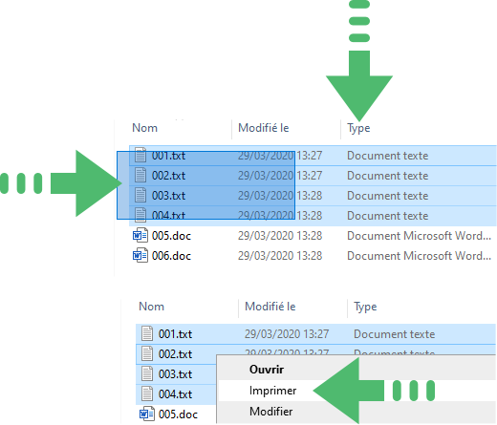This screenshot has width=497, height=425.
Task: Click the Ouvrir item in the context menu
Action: pos(267,370)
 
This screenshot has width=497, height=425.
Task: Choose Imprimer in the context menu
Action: pos(272,391)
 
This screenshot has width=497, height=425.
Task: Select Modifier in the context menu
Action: pos(271,412)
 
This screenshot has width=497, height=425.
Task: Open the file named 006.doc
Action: pos(171,256)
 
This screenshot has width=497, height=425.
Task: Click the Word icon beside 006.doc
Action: pos(140,255)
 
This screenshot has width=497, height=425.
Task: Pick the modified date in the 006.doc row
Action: pos(280,256)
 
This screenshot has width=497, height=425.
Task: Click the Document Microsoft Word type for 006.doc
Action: pos(419,256)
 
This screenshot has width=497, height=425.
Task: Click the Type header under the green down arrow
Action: pos(358,128)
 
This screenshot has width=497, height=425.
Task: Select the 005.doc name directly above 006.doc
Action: pos(171,236)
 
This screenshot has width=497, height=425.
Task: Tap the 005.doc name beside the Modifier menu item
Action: pos(178,414)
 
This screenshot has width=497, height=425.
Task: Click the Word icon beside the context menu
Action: pos(147,414)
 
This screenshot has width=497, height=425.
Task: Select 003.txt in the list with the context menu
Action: pos(175,374)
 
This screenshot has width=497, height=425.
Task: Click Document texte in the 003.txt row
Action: pos(387,196)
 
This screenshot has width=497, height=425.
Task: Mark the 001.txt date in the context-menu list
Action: pos(287,334)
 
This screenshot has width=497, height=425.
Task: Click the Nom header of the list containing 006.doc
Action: pos(145,128)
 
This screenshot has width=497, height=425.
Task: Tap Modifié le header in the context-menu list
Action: pos(270,307)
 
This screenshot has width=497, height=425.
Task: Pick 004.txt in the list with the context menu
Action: pos(175,394)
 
